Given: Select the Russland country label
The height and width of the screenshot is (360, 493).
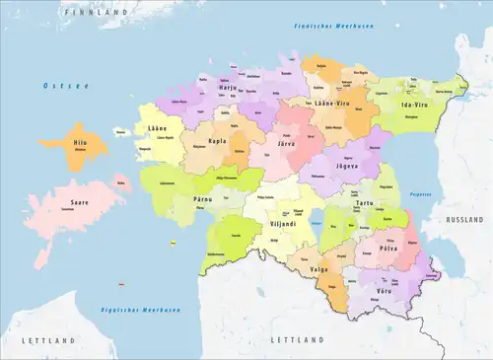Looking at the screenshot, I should (461, 219).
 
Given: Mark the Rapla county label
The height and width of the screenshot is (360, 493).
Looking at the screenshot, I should (216, 141).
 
